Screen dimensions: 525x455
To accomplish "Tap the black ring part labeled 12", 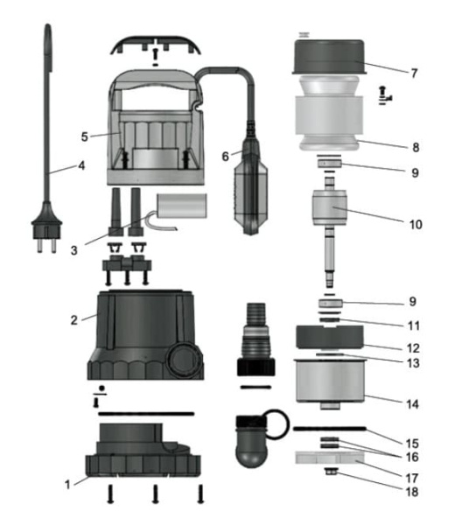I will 330,338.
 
